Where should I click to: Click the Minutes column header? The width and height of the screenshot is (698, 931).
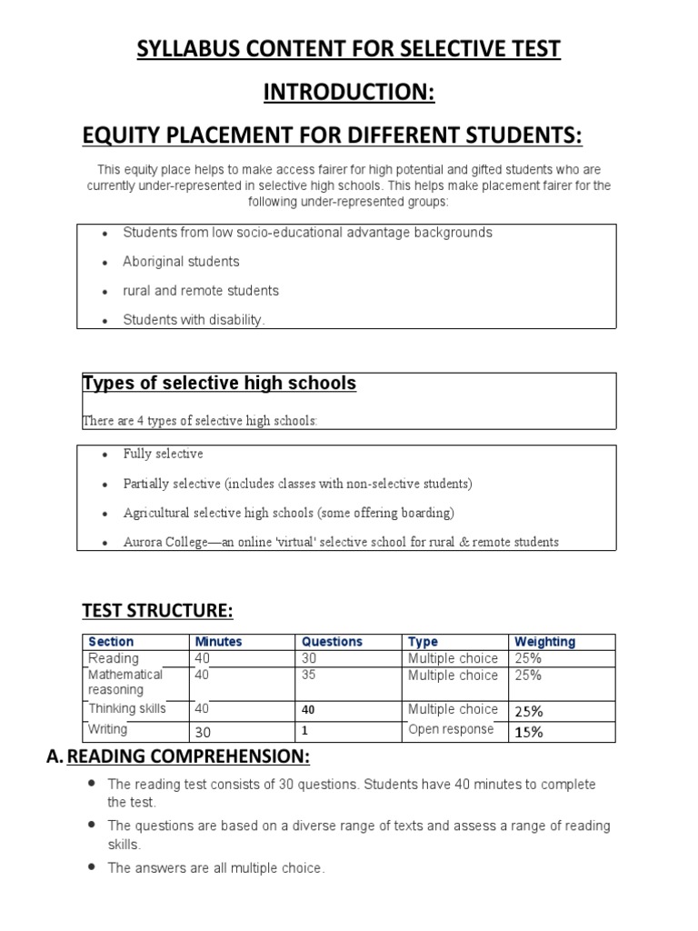tap(218, 642)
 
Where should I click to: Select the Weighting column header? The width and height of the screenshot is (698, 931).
tap(544, 642)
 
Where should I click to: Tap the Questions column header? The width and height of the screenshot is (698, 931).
tap(332, 642)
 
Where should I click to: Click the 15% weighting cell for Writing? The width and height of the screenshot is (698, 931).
tap(528, 731)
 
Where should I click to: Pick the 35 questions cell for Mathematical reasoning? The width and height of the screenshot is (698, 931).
tap(309, 676)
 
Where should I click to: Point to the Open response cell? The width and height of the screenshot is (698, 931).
tap(451, 729)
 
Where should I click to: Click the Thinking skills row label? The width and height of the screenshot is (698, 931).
tap(126, 709)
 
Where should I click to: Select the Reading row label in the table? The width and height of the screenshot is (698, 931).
tap(114, 658)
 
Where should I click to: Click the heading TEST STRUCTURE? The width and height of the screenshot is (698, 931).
tap(164, 608)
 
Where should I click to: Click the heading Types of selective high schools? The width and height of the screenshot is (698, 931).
tap(219, 384)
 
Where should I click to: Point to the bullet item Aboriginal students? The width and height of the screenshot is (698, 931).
tap(181, 262)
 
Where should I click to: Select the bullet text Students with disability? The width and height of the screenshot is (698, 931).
tap(194, 320)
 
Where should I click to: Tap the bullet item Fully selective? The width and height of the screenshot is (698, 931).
tap(163, 454)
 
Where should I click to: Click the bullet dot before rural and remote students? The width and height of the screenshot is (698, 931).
tap(105, 292)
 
